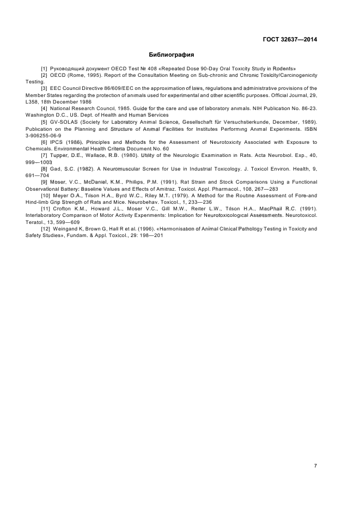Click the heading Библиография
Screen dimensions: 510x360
[x=172, y=54]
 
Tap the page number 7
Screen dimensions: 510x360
[x=315, y=465]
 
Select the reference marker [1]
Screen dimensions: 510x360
[x=45, y=68]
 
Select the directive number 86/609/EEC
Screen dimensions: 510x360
[x=114, y=88]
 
